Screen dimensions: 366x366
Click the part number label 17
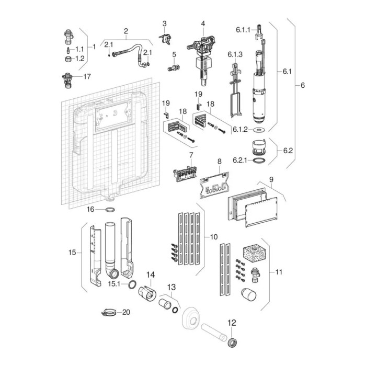[x=86, y=76]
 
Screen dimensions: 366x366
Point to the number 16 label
[x=90, y=209]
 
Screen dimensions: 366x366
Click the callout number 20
[x=125, y=313]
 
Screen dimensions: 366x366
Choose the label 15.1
[x=115, y=284]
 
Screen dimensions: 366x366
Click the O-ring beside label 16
[x=110, y=210]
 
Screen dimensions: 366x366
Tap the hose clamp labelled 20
[x=107, y=313]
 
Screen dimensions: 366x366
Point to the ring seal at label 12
[x=231, y=342]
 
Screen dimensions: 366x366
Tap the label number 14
[x=151, y=274]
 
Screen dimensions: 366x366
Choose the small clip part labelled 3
[x=167, y=38]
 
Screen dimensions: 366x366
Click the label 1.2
[x=80, y=59]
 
